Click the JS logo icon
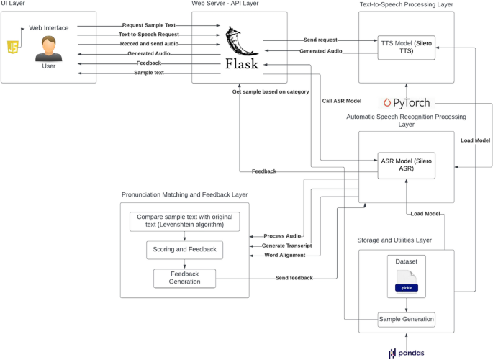(13, 48)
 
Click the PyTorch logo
(408, 103)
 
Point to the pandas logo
(407, 353)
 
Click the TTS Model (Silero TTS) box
(407, 46)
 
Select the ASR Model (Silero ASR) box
(407, 165)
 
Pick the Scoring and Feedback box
(184, 250)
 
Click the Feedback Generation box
(184, 278)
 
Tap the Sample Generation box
(407, 318)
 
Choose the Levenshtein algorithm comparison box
(184, 221)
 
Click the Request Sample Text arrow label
(149, 25)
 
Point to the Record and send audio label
(149, 44)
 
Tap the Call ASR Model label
(341, 101)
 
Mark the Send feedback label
(294, 278)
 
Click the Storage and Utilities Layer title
(404, 240)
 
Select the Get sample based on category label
(271, 91)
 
